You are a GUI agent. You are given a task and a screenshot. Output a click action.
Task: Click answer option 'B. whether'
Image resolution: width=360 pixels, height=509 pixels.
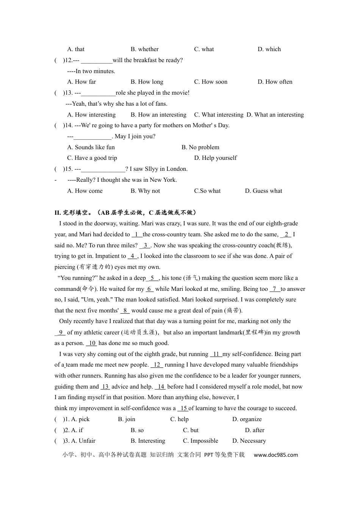pos(144,49)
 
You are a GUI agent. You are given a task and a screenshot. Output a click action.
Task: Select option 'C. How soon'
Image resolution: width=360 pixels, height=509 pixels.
pos(211,82)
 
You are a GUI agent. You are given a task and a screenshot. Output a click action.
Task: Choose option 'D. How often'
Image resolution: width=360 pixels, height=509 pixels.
pos(275,82)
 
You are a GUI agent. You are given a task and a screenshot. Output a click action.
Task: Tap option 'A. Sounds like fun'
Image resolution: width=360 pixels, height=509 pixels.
pos(91,147)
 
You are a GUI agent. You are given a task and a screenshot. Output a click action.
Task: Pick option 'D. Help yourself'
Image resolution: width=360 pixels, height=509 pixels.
pos(215,158)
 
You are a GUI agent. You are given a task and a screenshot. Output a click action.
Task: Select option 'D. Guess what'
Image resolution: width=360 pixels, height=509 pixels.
pos(263,191)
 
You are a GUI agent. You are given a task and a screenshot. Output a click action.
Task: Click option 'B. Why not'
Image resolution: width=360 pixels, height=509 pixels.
pos(145,191)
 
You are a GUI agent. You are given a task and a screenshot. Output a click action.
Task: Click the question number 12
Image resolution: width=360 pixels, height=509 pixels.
pos(68,60)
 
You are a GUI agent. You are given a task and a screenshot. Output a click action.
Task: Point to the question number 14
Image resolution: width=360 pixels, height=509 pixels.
pos(68,125)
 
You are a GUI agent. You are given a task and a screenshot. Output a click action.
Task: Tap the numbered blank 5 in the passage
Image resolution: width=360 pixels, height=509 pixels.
pos(152,278)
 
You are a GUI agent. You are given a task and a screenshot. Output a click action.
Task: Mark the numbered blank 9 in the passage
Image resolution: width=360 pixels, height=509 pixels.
pos(60,333)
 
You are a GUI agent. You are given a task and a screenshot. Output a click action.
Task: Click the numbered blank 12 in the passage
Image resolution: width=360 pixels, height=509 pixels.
pos(157,365)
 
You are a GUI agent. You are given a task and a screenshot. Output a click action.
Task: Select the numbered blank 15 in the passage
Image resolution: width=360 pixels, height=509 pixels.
pos(183,408)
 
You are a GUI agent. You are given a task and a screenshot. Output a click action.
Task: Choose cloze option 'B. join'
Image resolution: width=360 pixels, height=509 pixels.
pos(127,419)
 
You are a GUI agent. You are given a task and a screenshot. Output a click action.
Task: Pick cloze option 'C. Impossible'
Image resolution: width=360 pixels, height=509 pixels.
pos(200,441)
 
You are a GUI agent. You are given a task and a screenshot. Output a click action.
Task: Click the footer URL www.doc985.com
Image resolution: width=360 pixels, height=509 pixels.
pos(276,455)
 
